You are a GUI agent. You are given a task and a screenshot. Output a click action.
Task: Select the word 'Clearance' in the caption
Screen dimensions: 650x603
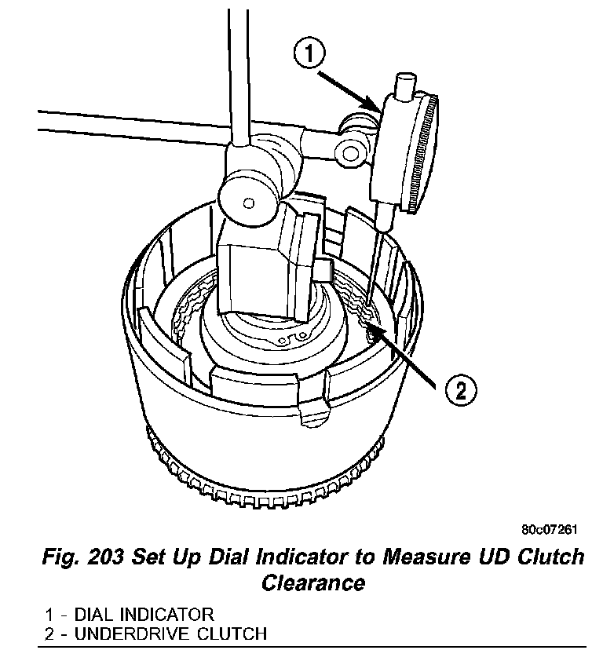click(x=312, y=582)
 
